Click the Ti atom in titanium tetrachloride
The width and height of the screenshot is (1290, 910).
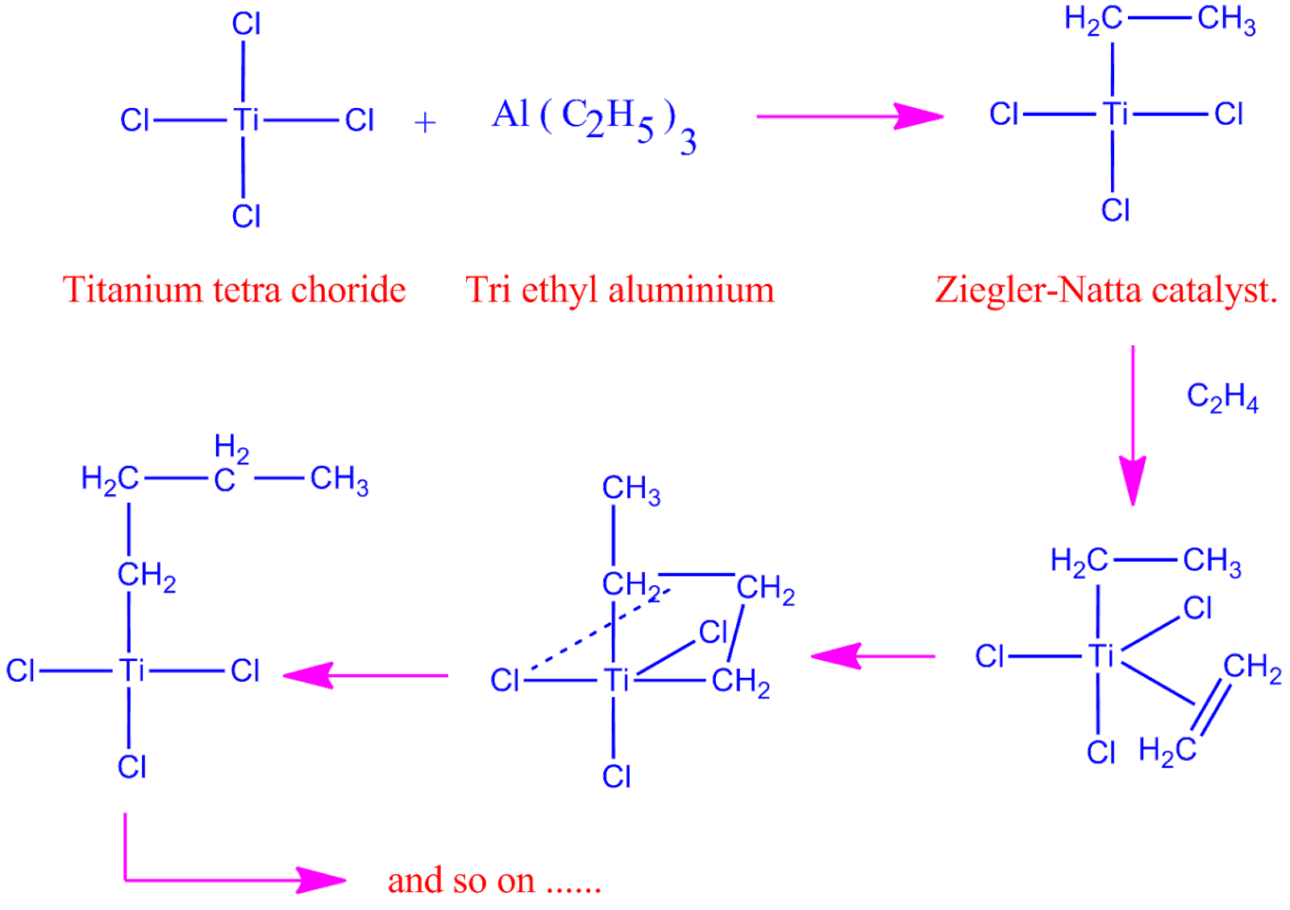pos(246,120)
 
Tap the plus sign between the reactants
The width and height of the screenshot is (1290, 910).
pos(425,123)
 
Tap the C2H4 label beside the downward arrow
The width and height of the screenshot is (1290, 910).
pos(1222,398)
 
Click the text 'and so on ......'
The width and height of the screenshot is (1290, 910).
pos(494,880)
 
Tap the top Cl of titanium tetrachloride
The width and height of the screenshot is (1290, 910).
pos(246,24)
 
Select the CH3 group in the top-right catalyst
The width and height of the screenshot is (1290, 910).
pos(1225,20)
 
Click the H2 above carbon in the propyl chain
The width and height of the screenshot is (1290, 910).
pos(232,447)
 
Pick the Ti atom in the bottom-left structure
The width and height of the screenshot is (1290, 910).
pos(131,671)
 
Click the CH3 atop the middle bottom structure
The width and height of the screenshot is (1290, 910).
pos(631,489)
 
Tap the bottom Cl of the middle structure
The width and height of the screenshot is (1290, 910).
pos(616,776)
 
